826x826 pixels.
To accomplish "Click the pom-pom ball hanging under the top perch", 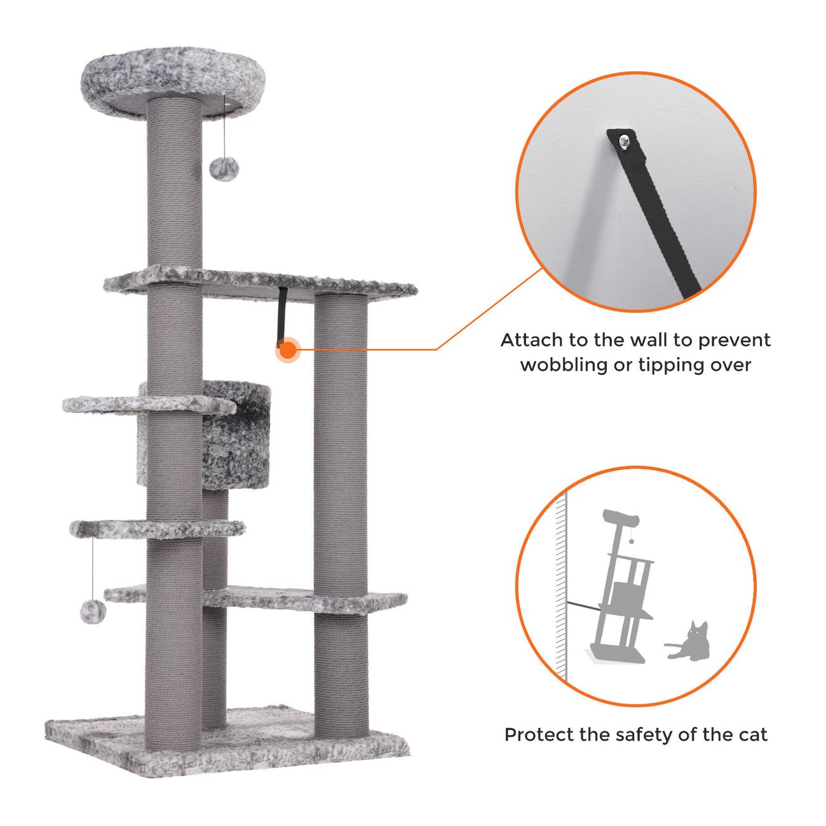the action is [224, 169].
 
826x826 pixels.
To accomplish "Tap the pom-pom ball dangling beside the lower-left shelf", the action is [93, 611].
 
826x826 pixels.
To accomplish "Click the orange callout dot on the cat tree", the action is [289, 349].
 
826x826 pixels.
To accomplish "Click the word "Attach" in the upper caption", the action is [532, 341].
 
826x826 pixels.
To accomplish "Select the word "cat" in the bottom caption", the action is [752, 735].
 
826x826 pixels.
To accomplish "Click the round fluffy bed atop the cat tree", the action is [173, 81].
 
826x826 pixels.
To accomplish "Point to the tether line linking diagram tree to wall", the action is [583, 606].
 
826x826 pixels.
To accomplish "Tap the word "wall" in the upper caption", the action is [646, 341].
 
